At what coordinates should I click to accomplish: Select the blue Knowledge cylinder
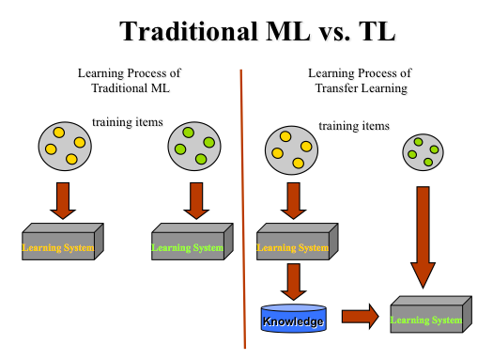pos(292,320)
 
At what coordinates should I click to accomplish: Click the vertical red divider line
pos(243,207)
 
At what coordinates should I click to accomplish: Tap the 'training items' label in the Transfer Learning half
pos(353,126)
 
